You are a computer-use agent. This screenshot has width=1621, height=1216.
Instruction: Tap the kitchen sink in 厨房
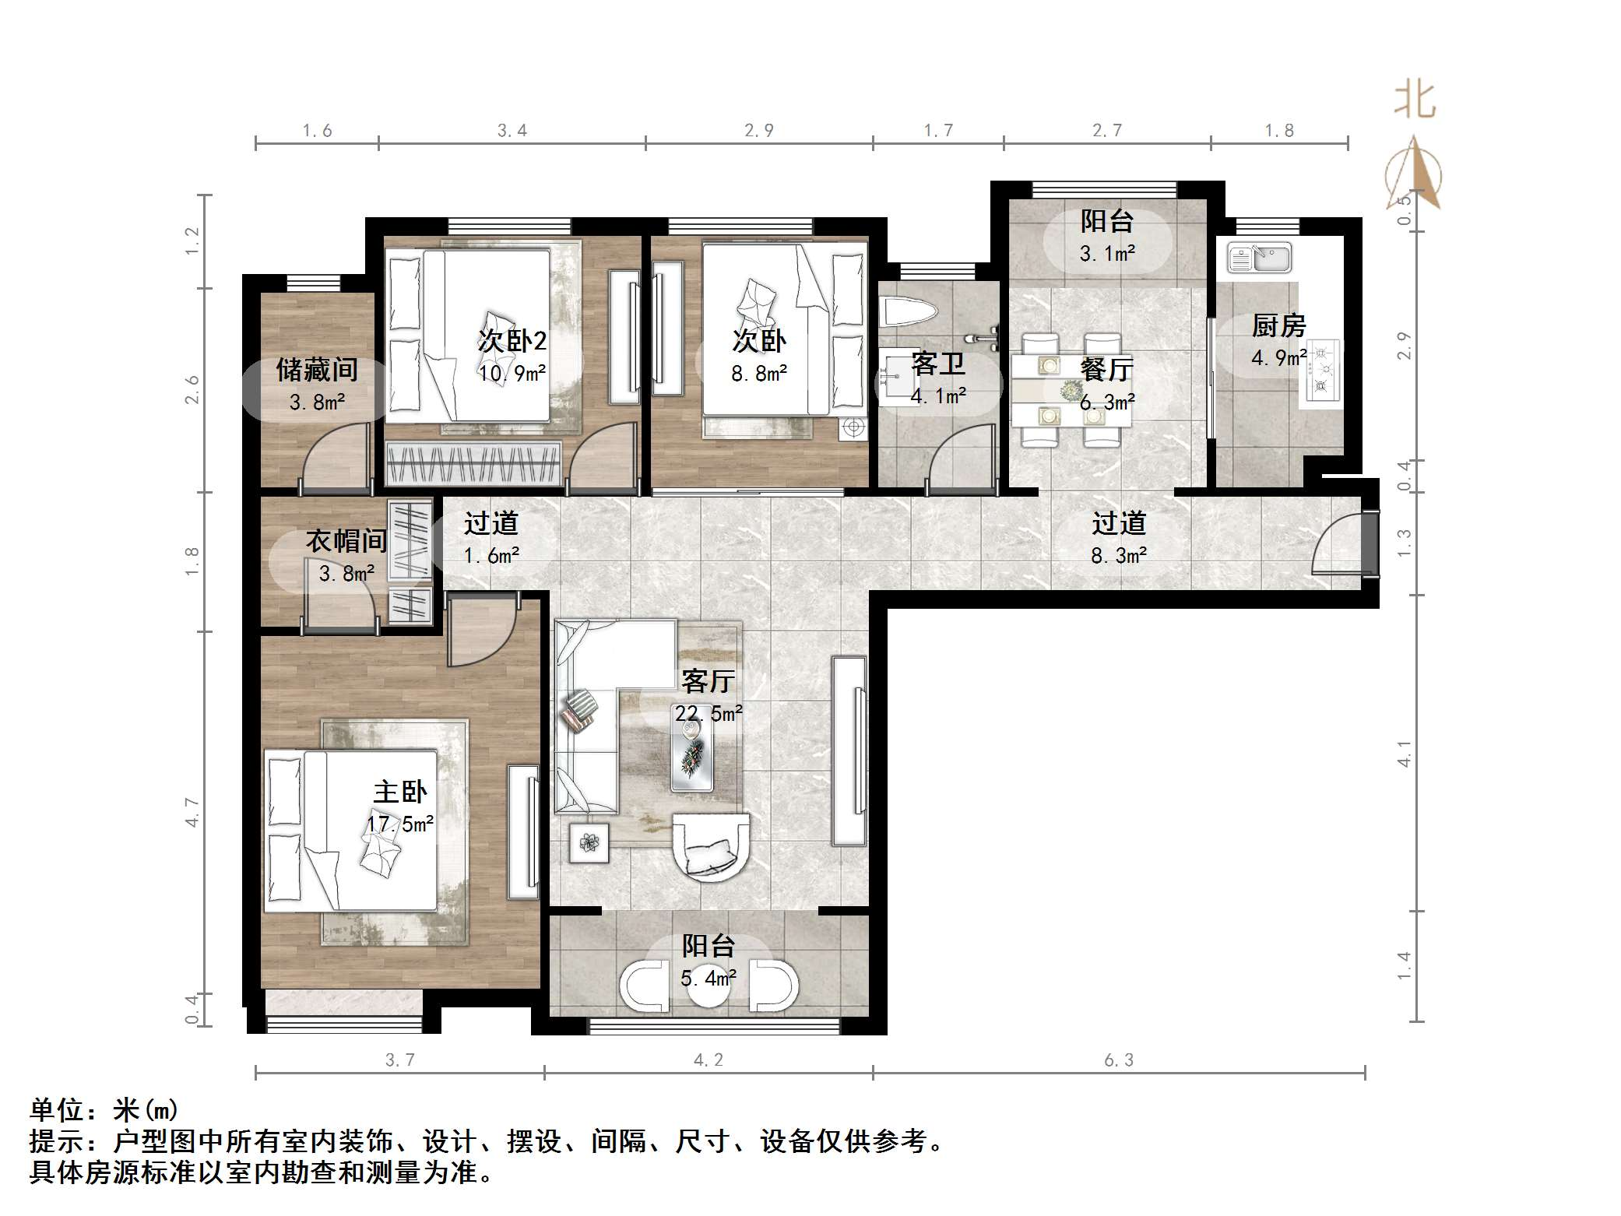(x=1259, y=258)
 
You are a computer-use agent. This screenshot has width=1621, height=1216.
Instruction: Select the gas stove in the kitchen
(x=1321, y=371)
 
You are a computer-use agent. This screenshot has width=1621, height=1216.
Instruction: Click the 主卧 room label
(x=400, y=793)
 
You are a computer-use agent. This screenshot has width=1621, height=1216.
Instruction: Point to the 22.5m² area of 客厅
(x=709, y=713)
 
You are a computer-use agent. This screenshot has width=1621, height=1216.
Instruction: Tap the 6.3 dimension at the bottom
(x=1118, y=1060)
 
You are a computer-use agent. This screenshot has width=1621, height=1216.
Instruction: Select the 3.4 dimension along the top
(x=512, y=131)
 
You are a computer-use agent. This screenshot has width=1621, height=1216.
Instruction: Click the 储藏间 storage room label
(x=317, y=370)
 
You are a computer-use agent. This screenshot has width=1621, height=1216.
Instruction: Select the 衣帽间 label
(x=346, y=540)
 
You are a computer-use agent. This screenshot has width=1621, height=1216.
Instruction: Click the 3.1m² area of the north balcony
(x=1106, y=253)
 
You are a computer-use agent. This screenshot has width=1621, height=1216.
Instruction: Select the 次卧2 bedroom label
(x=512, y=340)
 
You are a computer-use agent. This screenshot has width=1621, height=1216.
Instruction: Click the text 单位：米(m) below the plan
(x=104, y=1109)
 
